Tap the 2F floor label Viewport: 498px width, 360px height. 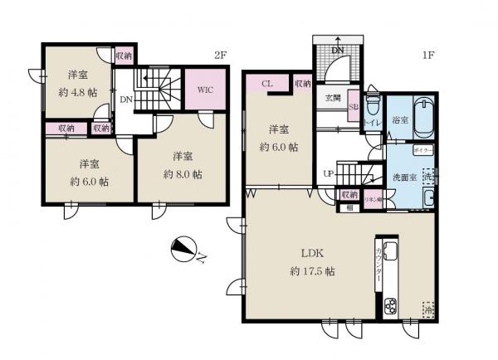(x=220, y=56)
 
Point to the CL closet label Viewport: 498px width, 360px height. (x=267, y=83)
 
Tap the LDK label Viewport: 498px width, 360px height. (x=311, y=255)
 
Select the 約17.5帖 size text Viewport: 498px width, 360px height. (x=311, y=272)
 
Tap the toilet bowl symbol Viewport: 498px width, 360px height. (x=373, y=106)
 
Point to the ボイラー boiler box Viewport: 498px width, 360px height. (x=422, y=151)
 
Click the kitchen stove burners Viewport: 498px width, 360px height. (x=391, y=306)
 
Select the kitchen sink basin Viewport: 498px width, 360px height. (x=391, y=253)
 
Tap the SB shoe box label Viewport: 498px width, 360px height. (x=353, y=107)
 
